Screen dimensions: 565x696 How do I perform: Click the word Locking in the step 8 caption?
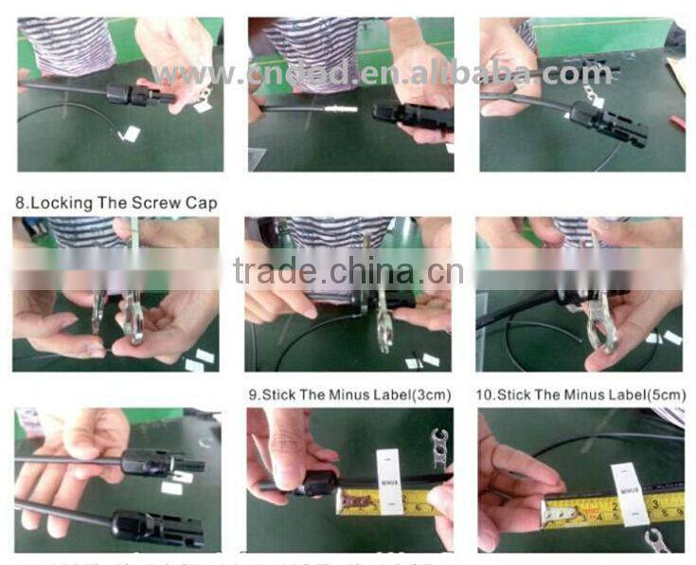point(59,203)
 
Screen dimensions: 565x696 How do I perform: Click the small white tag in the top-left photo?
point(132,135)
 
